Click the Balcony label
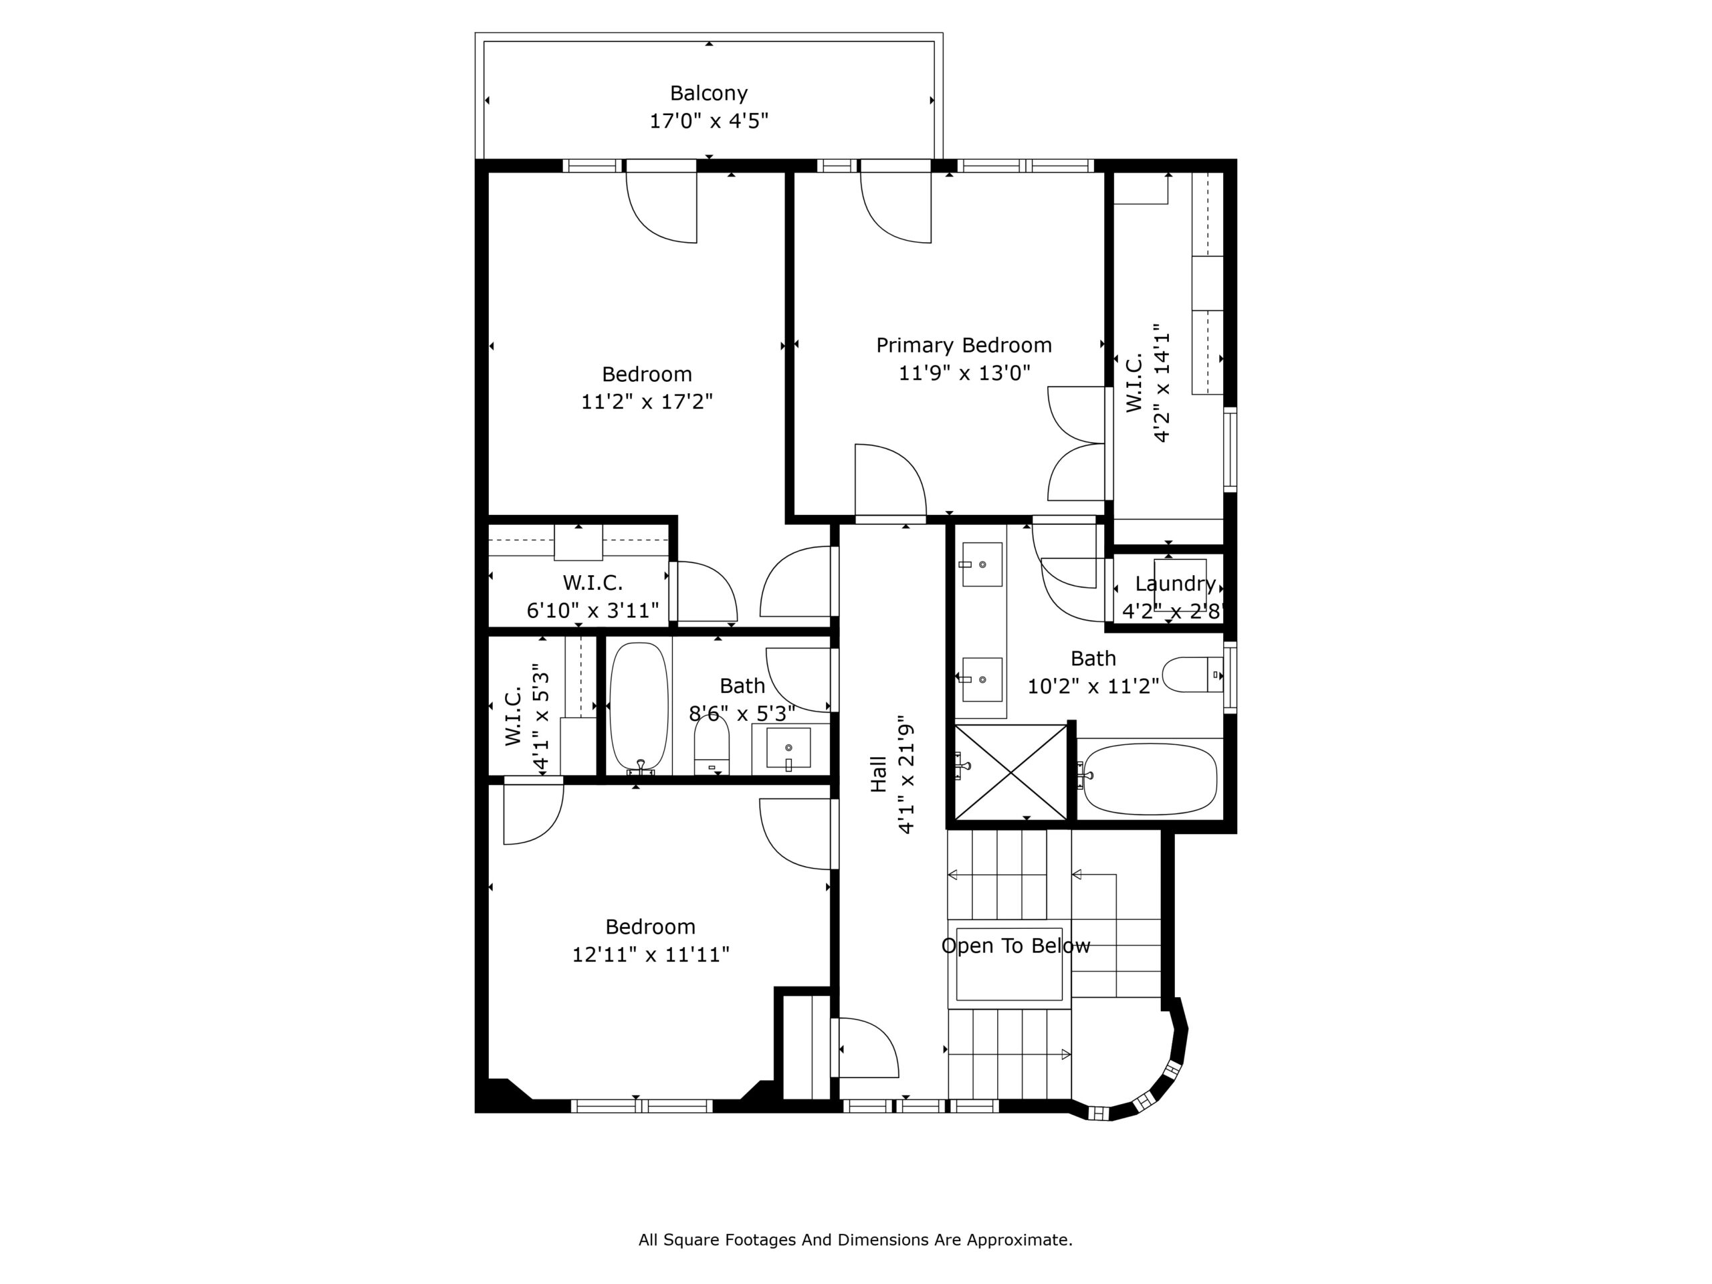click(x=708, y=94)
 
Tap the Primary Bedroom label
click(x=964, y=345)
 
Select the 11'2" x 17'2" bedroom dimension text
click(x=647, y=402)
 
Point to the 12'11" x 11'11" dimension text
click(x=650, y=954)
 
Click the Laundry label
click(x=1175, y=584)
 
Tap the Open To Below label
click(x=1015, y=946)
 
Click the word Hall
click(x=877, y=774)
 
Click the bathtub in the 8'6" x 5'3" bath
click(x=639, y=708)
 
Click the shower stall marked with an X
click(x=1010, y=772)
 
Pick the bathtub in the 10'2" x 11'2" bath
click(x=1150, y=778)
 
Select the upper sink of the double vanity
click(x=981, y=564)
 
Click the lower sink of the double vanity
click(x=981, y=679)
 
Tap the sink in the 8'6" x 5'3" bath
click(x=788, y=748)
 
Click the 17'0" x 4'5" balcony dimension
click(x=708, y=121)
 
